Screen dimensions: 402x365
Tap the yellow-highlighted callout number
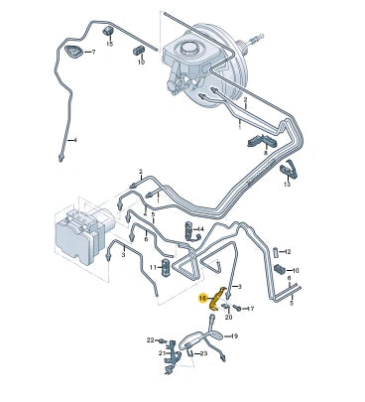coord(203,297)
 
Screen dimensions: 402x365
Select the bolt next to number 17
coord(238,309)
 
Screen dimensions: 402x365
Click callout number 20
coord(228,317)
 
